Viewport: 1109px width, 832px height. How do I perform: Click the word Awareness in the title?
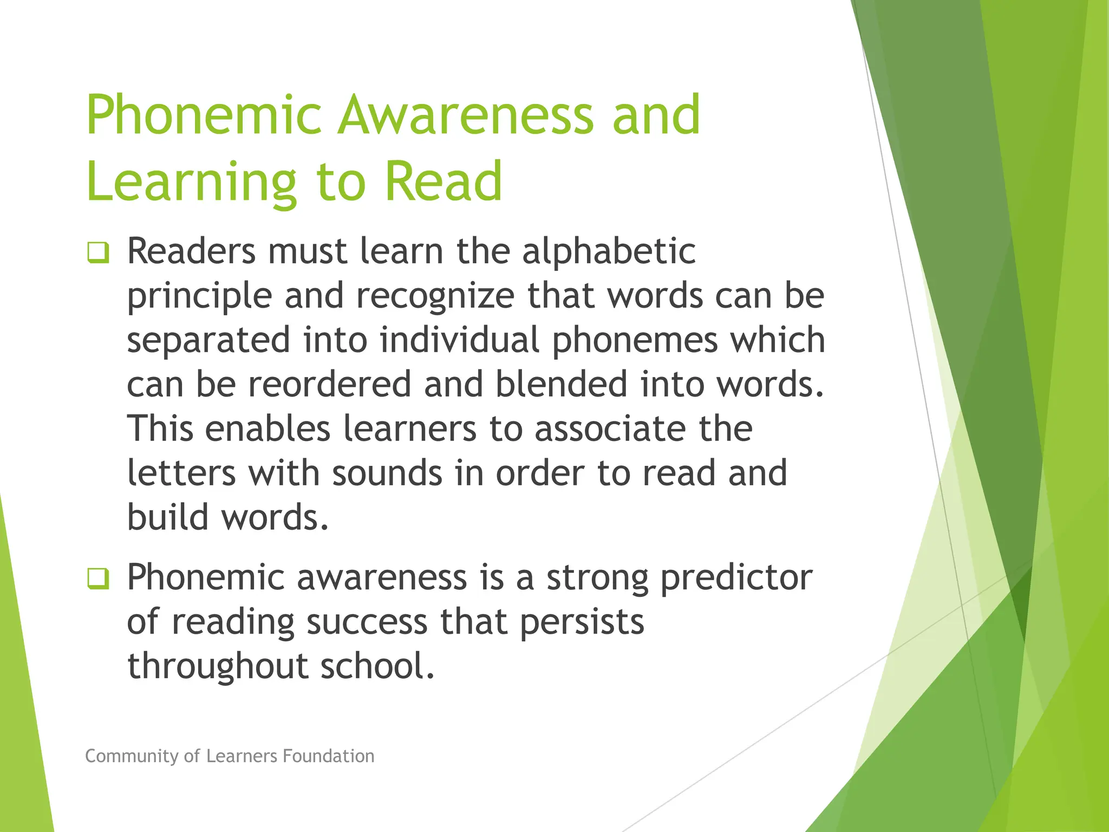tap(465, 115)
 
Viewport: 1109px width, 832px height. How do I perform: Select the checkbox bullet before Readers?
tap(98, 253)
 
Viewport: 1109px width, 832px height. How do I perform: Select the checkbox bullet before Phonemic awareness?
tap(98, 579)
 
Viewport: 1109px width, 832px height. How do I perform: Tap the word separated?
tap(208, 341)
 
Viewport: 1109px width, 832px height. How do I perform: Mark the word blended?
tap(560, 385)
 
